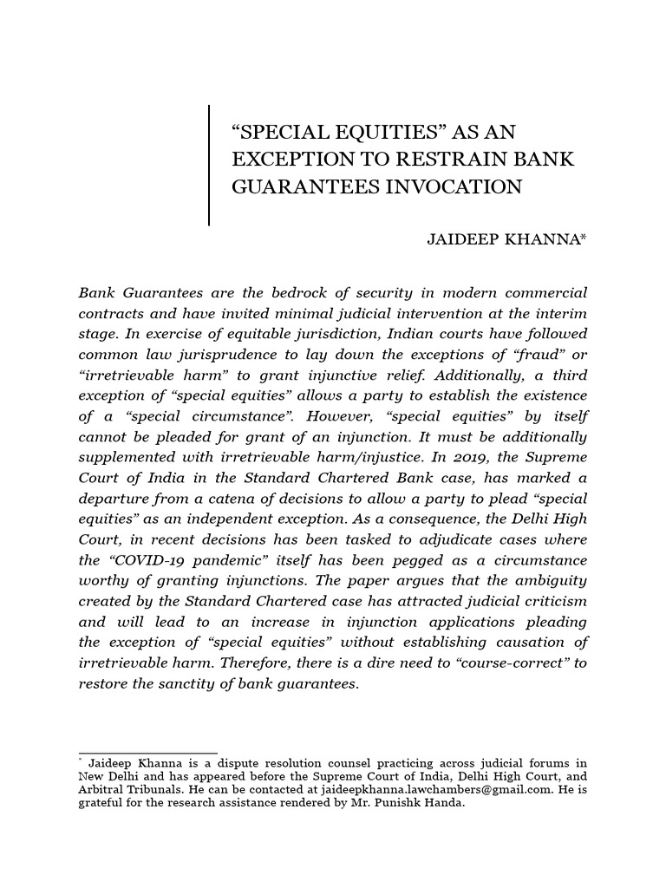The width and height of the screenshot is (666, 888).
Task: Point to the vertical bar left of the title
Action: pyautogui.click(x=209, y=165)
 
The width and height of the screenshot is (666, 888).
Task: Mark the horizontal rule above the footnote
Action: pyautogui.click(x=147, y=754)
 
